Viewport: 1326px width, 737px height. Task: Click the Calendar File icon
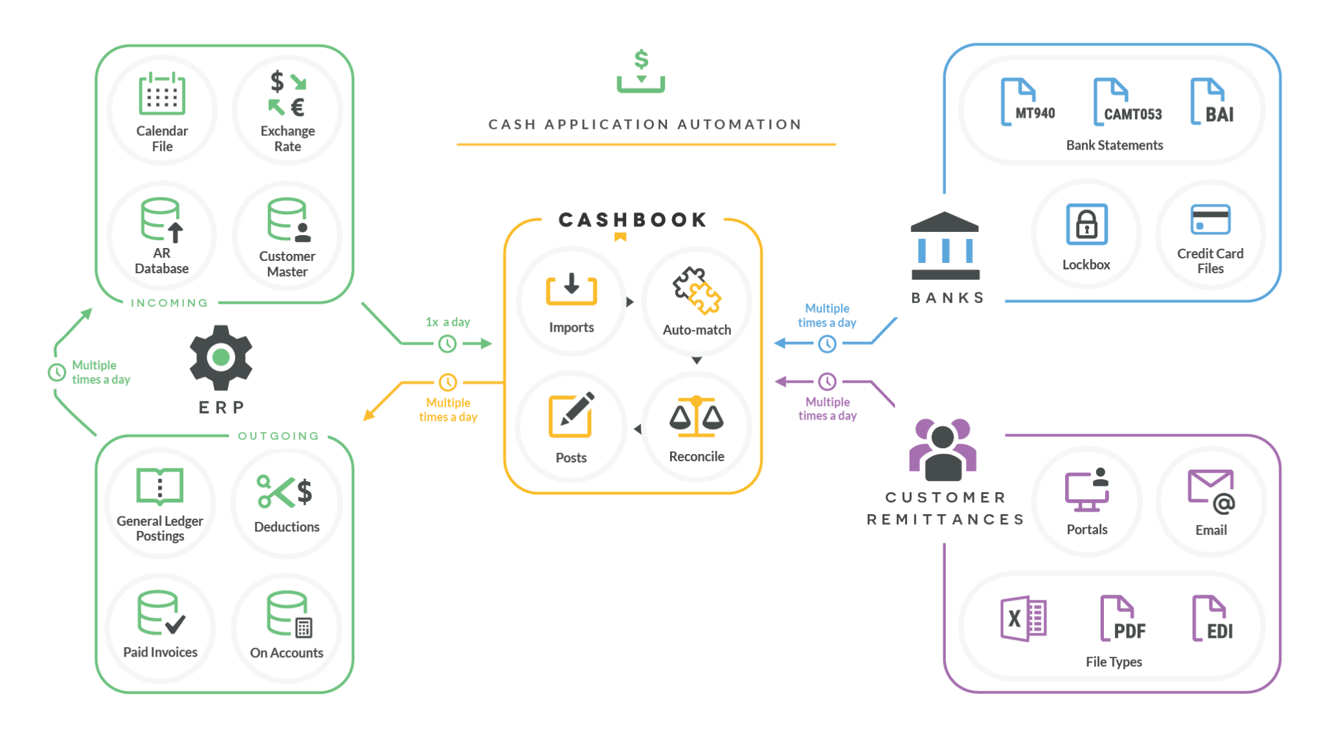point(162,94)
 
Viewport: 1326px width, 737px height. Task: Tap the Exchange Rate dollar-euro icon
point(287,94)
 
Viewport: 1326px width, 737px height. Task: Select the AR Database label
point(162,261)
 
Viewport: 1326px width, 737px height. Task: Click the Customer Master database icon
point(288,220)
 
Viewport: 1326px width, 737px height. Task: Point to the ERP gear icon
point(221,357)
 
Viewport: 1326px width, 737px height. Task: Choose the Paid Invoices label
point(161,652)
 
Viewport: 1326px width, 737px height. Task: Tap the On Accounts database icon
point(288,614)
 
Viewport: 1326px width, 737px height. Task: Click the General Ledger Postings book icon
point(160,486)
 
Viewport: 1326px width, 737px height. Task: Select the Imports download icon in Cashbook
point(571,289)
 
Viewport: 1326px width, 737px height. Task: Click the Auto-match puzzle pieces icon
point(697,291)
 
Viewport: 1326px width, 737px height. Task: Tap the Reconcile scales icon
point(697,416)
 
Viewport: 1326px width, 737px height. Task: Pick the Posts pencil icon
point(571,415)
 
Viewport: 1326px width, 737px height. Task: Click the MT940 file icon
point(1027,102)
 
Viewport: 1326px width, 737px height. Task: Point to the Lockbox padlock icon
point(1086,224)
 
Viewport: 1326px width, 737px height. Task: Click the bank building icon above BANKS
point(945,246)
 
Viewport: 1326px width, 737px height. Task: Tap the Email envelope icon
point(1211,490)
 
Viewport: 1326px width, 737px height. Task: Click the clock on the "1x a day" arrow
point(447,344)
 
